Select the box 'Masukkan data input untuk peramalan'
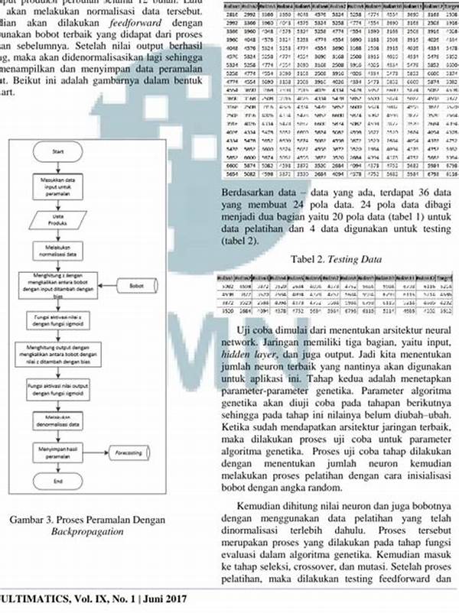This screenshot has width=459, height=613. [58, 185]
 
